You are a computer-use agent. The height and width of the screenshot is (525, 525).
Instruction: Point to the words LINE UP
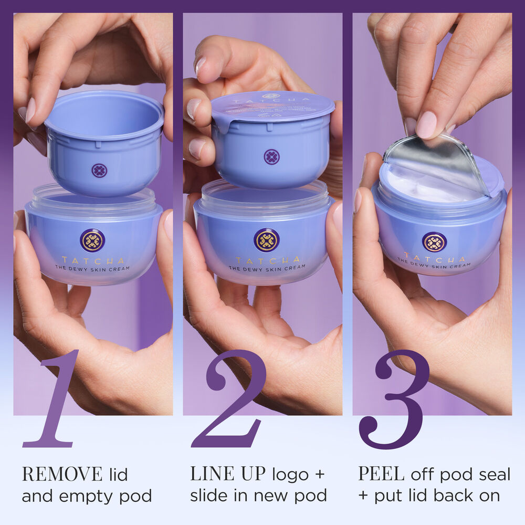[228, 475]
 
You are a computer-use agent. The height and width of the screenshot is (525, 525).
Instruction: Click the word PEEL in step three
[381, 475]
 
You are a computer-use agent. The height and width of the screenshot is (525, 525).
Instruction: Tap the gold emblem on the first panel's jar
[92, 240]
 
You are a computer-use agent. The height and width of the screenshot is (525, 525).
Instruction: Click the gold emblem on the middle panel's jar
[267, 240]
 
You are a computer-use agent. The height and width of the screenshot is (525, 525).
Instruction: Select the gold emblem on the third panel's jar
[434, 242]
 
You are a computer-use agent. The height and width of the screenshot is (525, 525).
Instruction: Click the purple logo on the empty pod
[99, 171]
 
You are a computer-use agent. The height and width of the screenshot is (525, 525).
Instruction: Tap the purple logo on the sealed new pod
[271, 157]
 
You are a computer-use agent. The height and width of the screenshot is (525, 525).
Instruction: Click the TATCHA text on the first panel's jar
[93, 260]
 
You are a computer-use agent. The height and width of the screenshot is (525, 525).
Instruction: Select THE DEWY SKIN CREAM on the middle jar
[267, 269]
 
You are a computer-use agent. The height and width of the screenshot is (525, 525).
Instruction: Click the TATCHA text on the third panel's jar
[434, 258]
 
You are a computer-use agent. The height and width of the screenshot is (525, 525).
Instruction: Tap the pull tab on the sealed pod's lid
[220, 124]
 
